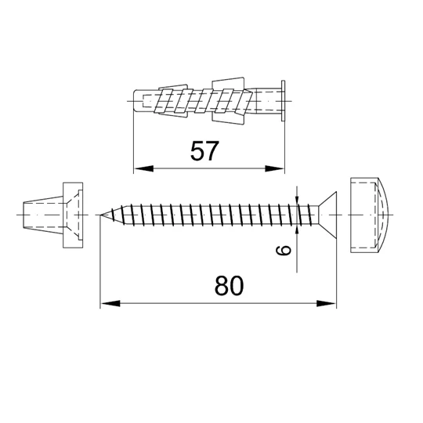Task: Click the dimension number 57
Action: point(204,151)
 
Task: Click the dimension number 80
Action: point(229,286)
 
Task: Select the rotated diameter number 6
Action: point(284,250)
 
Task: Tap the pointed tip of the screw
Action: point(100,215)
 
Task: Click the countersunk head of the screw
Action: point(327,215)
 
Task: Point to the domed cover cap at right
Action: point(369,215)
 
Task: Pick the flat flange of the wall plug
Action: point(283,100)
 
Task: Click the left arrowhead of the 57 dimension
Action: point(143,168)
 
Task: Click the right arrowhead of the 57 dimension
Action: point(275,168)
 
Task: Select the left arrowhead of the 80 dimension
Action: point(110,303)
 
